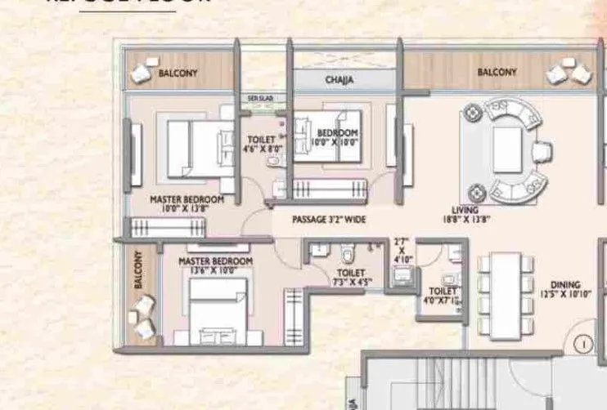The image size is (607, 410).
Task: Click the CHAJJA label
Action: click(x=338, y=81)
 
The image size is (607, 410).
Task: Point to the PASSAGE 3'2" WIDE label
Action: click(x=329, y=220)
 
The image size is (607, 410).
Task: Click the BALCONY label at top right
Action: click(x=497, y=73)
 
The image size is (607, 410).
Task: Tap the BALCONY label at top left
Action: click(x=178, y=73)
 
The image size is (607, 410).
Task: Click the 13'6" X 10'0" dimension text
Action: click(x=215, y=271)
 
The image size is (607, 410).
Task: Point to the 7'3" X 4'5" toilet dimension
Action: click(x=352, y=283)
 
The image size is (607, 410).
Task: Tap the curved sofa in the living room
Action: click(x=513, y=150)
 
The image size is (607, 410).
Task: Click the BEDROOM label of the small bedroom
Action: click(x=338, y=133)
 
